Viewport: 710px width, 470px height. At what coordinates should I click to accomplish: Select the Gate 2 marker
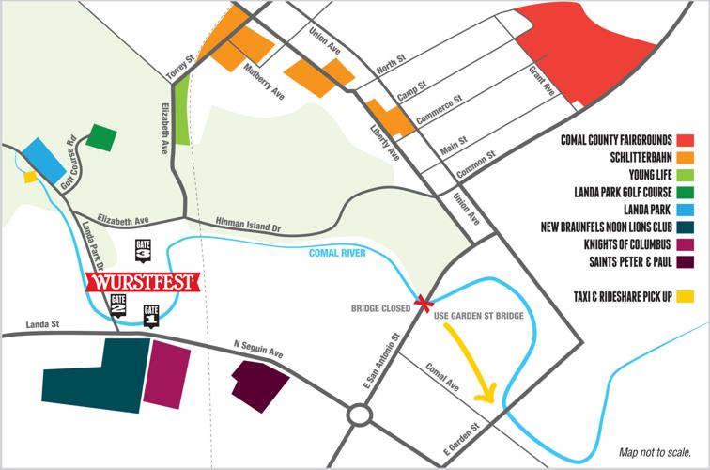pyautogui.click(x=118, y=304)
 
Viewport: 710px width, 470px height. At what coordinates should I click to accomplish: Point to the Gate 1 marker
pyautogui.click(x=150, y=315)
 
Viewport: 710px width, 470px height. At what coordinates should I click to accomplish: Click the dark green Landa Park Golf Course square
pyautogui.click(x=102, y=138)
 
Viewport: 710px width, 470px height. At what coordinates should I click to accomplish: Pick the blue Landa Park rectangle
pyautogui.click(x=45, y=158)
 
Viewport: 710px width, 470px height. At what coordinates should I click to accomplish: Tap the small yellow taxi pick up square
pyautogui.click(x=30, y=176)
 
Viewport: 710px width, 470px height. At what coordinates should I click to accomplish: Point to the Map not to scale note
pyautogui.click(x=655, y=450)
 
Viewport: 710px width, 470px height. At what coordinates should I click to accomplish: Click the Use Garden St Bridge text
pyautogui.click(x=480, y=315)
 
